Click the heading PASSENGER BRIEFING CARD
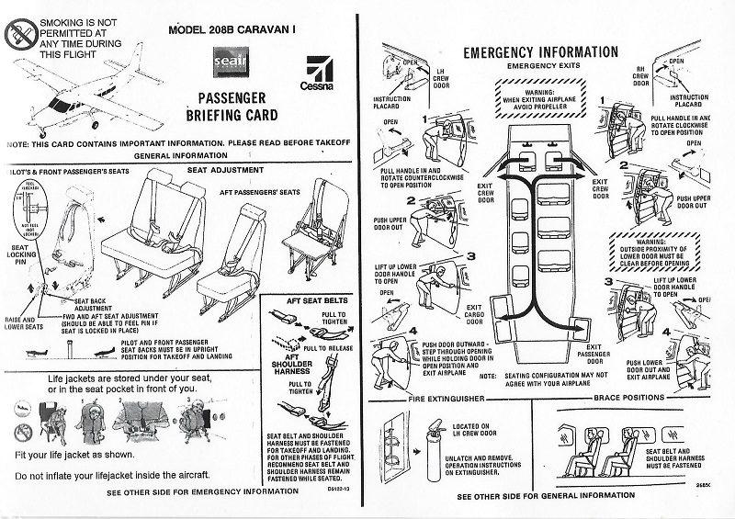(232, 107)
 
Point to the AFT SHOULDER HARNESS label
(292, 370)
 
